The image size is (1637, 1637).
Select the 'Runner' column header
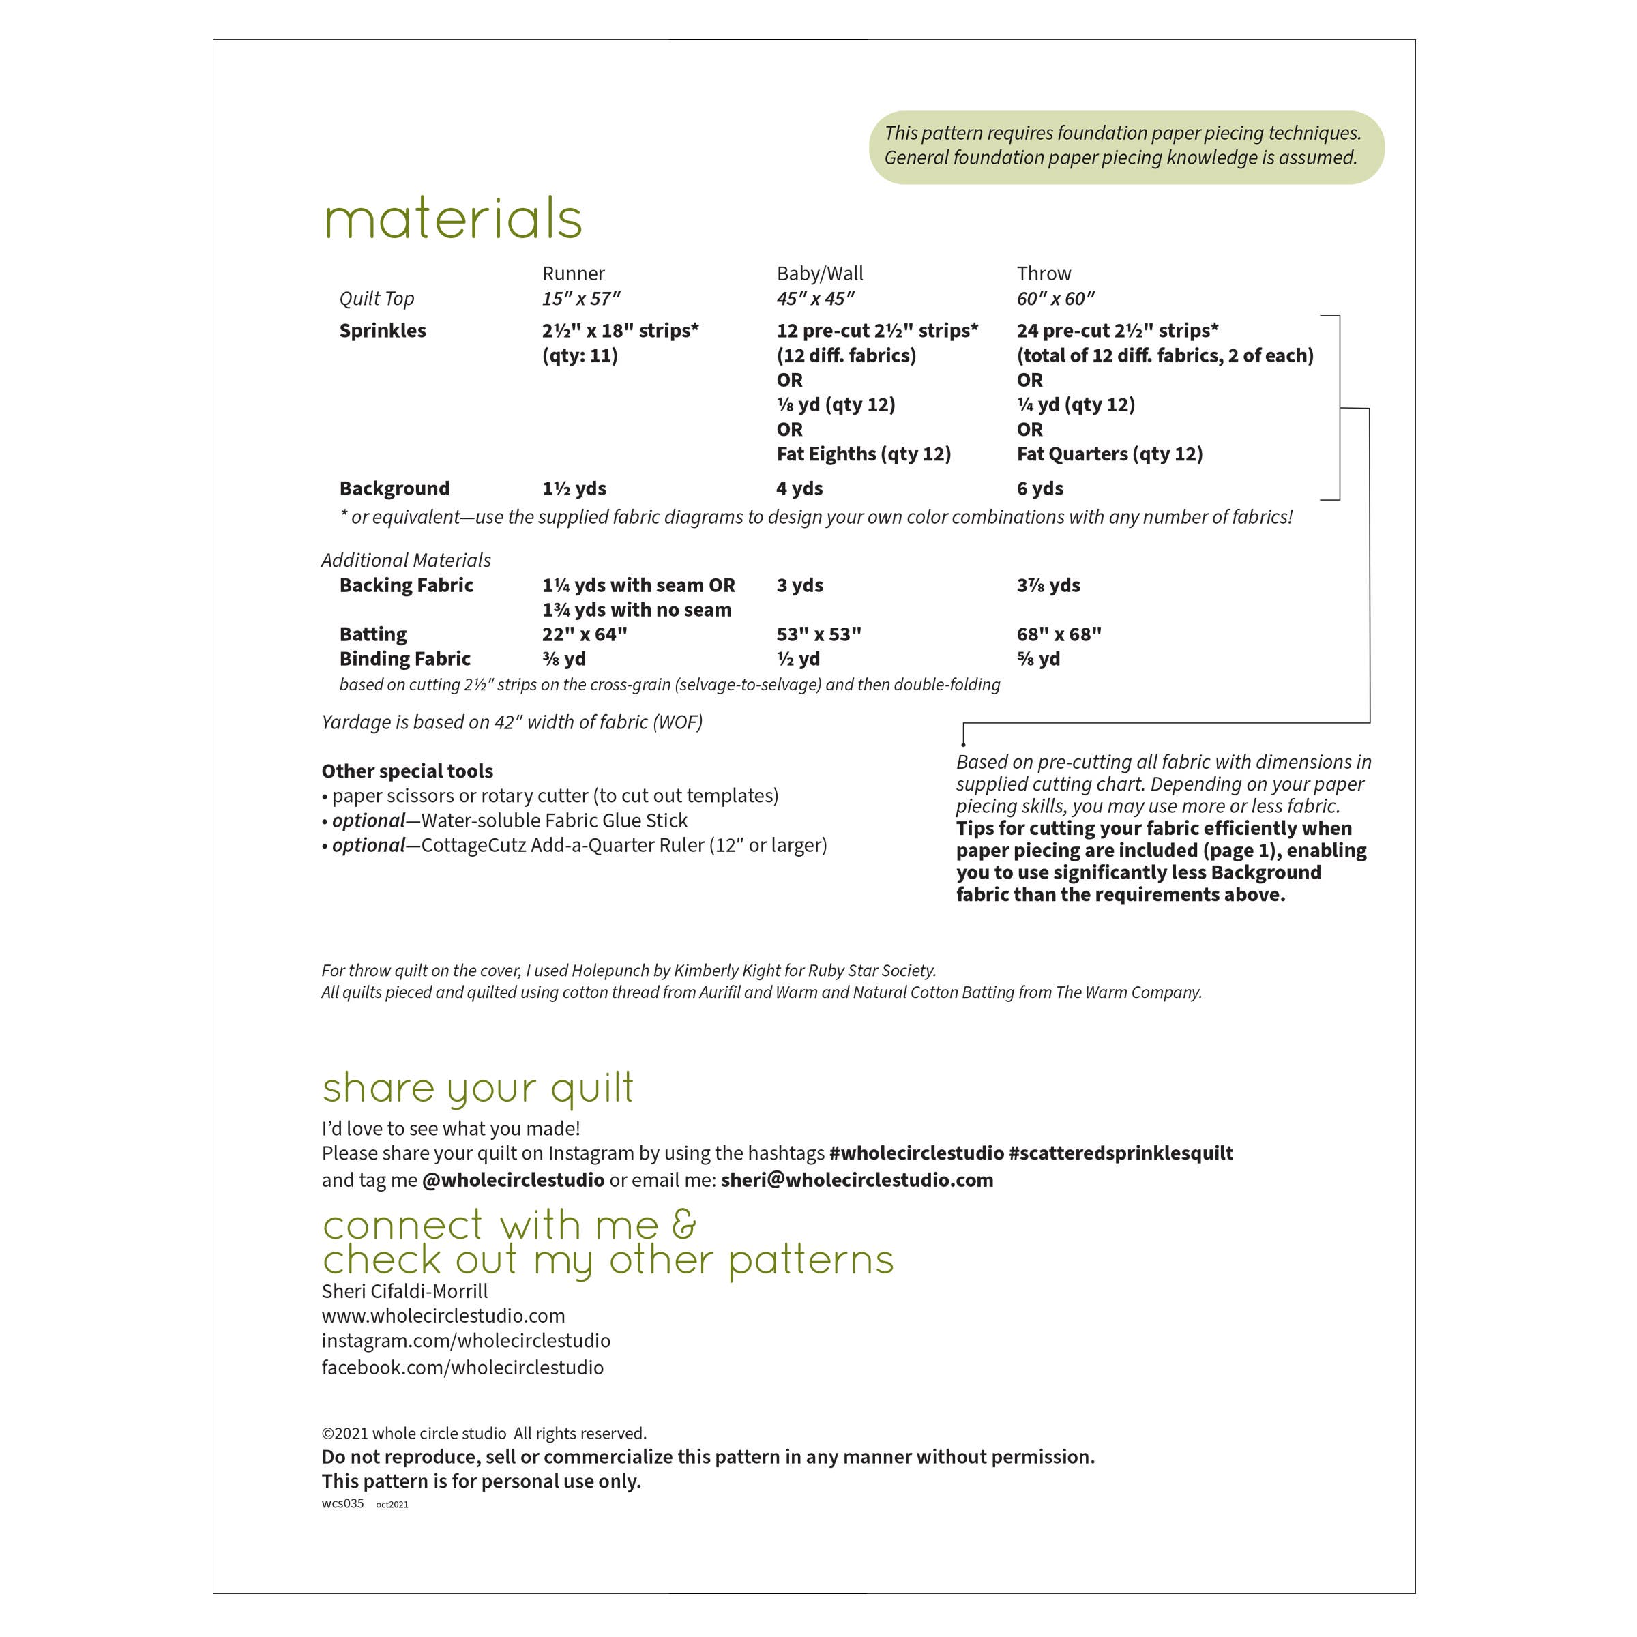tap(573, 274)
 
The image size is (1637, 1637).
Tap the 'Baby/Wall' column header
tap(819, 274)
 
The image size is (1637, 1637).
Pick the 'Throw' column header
tap(1043, 274)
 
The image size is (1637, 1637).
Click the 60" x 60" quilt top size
tap(1055, 298)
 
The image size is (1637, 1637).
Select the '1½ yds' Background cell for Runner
tap(574, 488)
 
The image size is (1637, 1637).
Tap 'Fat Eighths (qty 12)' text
tap(864, 454)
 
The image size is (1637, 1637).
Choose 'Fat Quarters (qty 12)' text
tap(1109, 454)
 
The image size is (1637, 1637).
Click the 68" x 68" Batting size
tap(1059, 634)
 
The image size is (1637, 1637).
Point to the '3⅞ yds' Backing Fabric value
tap(1048, 585)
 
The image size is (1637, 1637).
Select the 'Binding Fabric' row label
tap(404, 658)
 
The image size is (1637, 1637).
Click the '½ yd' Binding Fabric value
tap(797, 658)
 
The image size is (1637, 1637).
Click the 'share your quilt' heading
tap(477, 1088)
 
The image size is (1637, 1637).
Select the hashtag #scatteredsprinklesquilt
tap(1120, 1153)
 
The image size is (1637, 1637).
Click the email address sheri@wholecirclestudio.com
tap(857, 1179)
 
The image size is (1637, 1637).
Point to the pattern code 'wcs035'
tap(342, 1504)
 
